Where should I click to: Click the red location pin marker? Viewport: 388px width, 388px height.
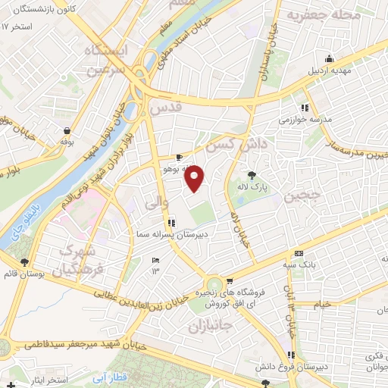coord(196,177)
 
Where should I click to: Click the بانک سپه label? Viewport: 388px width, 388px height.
coord(299,264)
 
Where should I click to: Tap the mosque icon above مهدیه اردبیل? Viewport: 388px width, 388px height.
coord(329,60)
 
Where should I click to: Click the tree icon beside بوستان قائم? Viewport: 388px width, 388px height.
coord(24,262)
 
